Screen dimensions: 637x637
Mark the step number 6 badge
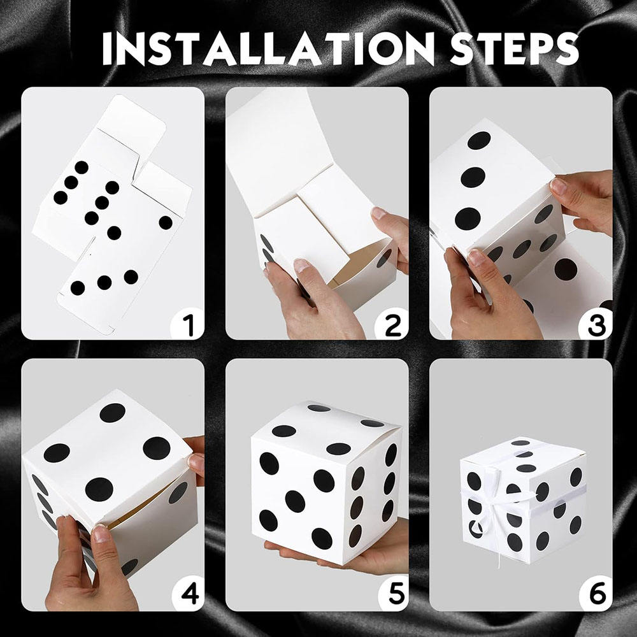point(596,594)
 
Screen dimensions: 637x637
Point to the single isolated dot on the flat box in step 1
point(166,222)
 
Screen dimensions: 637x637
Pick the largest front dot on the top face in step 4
point(99,489)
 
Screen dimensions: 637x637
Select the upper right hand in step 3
point(583,197)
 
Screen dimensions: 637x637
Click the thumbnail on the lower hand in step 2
point(303,266)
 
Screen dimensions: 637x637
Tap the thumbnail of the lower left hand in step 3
point(476,257)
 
